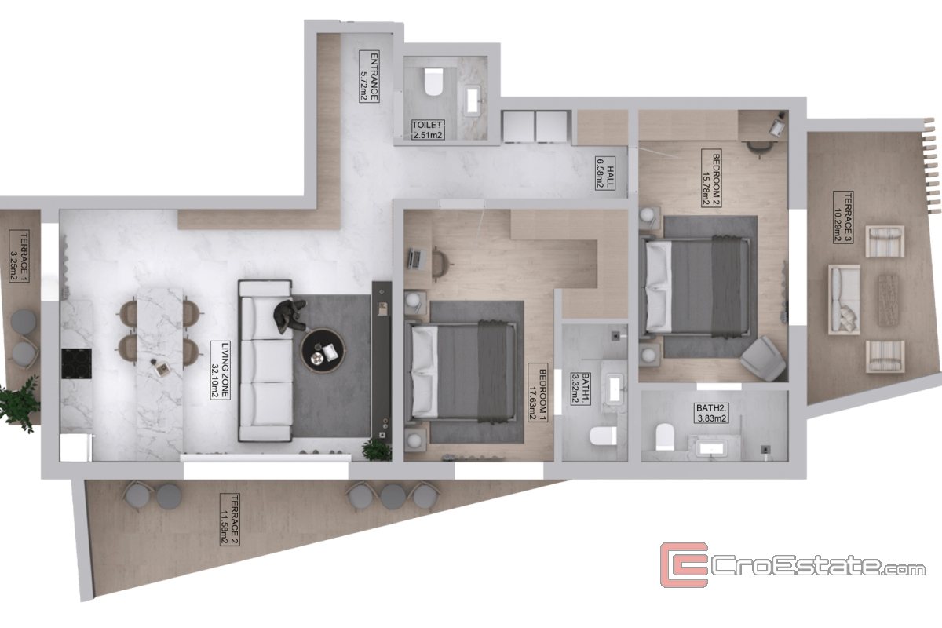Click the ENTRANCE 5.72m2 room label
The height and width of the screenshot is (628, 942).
pyautogui.click(x=369, y=76)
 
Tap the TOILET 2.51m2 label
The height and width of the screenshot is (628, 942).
pyautogui.click(x=428, y=130)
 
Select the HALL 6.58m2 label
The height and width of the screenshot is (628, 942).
pyautogui.click(x=605, y=173)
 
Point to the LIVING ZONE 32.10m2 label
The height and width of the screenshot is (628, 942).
pyautogui.click(x=221, y=371)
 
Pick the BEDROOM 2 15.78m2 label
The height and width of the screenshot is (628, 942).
pyautogui.click(x=711, y=178)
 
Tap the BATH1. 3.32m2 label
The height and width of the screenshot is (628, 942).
pyautogui.click(x=580, y=389)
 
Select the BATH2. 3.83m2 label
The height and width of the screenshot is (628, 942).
pyautogui.click(x=711, y=413)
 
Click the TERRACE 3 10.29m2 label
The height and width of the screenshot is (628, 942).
pyautogui.click(x=843, y=217)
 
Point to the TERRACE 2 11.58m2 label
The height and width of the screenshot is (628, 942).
pyautogui.click(x=229, y=520)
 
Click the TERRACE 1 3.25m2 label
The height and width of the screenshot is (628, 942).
pyautogui.click(x=20, y=256)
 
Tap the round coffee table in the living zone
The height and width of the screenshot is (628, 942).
pyautogui.click(x=323, y=351)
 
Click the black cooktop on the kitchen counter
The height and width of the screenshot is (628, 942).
pyautogui.click(x=77, y=363)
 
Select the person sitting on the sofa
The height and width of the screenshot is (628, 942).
pyautogui.click(x=290, y=316)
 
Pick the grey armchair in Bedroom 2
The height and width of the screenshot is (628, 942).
pyautogui.click(x=762, y=359)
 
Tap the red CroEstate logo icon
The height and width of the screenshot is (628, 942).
pyautogui.click(x=684, y=565)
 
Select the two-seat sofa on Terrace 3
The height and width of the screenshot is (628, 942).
pyautogui.click(x=844, y=300)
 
